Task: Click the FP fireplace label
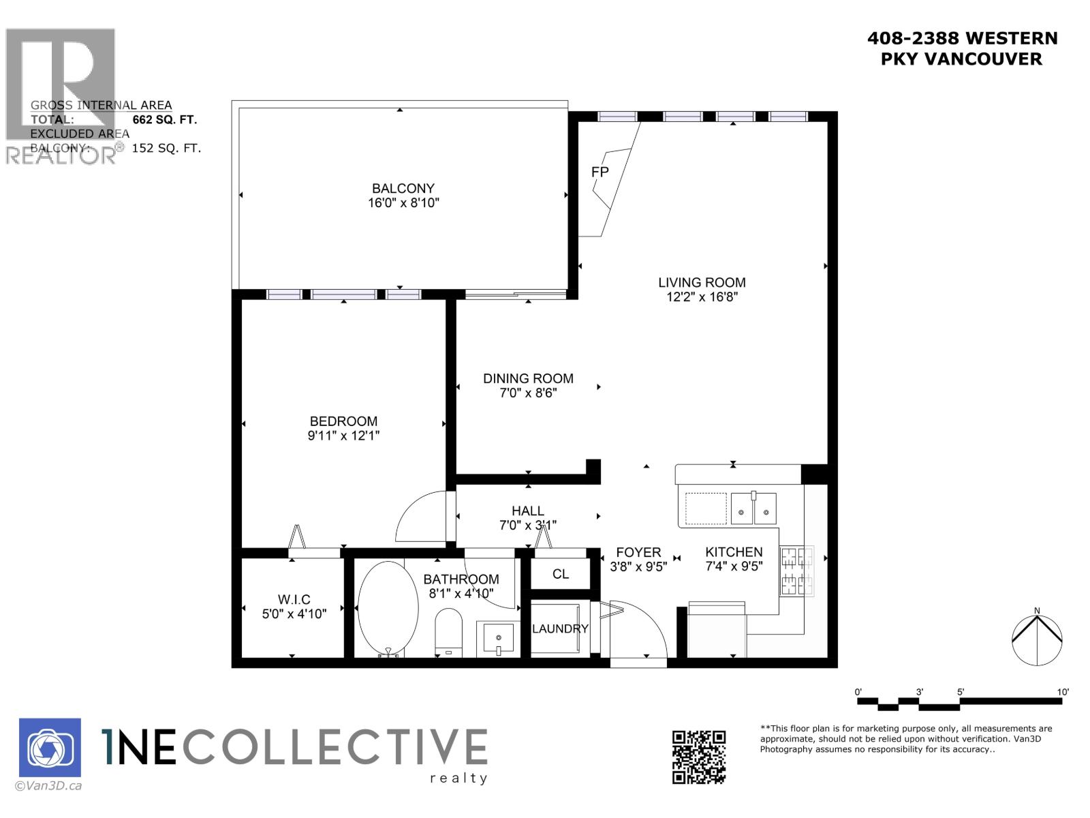(599, 172)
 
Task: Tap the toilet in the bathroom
(448, 633)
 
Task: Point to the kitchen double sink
(753, 509)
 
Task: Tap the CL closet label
(561, 574)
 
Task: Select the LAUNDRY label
(560, 628)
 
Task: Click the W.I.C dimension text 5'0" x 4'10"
(294, 613)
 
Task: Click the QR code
(699, 757)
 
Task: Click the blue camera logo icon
(50, 748)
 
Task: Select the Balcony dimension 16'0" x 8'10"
(403, 203)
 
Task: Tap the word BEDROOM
(343, 421)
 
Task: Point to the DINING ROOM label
(528, 378)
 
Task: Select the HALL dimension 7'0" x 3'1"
(528, 525)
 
